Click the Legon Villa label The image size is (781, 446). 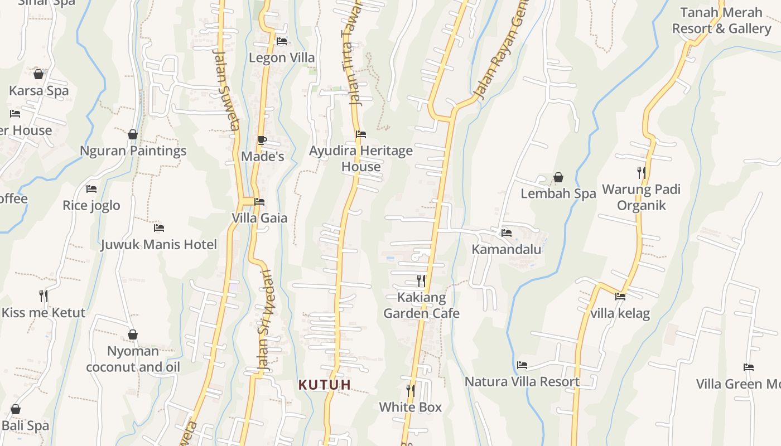pos(282,57)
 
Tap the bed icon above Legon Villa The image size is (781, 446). pos(282,41)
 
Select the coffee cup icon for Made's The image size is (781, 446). pos(262,140)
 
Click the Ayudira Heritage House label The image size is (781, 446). pos(361,158)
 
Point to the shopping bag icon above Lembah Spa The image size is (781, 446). pos(558,177)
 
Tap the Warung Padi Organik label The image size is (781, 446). pos(641,197)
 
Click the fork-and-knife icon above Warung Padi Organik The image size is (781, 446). pos(642,173)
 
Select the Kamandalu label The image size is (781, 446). pos(507,249)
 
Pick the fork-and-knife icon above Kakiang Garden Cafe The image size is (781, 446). pos(421,280)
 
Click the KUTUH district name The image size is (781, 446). pos(325,385)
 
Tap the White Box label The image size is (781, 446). pos(410,408)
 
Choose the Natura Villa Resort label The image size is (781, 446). pos(522,382)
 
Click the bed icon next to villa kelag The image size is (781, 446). pos(620,297)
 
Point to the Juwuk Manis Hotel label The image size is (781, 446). pos(159,245)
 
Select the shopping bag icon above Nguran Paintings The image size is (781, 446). pos(133,134)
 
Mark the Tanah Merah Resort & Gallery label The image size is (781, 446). pos(721,21)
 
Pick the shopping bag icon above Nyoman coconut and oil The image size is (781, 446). pos(133,334)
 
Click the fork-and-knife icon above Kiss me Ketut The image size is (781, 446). pos(44,295)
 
